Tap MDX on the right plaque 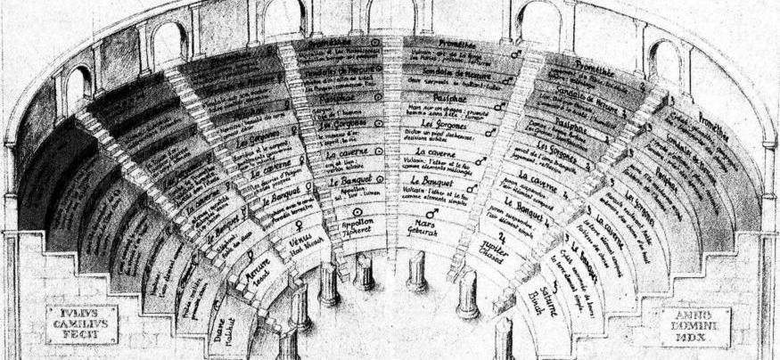point(695,339)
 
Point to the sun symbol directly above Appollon point(359,213)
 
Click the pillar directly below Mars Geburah point(415,272)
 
